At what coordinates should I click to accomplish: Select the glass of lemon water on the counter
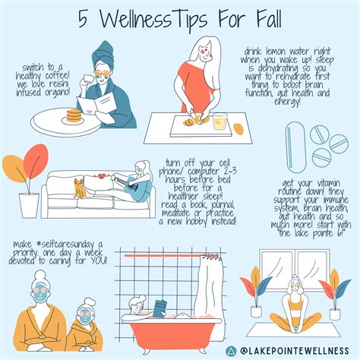[x=219, y=122]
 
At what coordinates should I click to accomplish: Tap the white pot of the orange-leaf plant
[x=28, y=204]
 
